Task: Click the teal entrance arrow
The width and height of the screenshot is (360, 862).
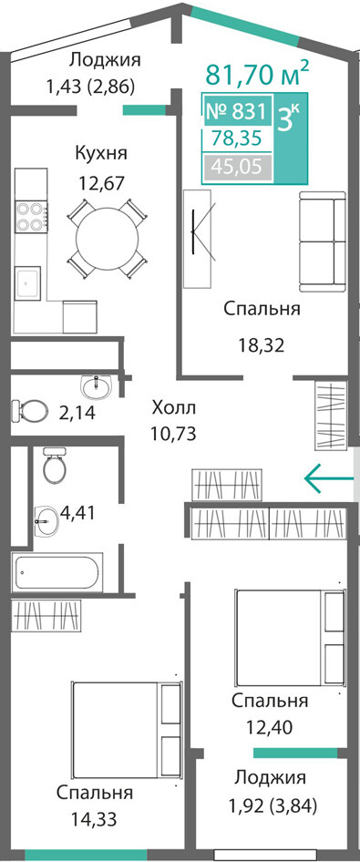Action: click(x=329, y=478)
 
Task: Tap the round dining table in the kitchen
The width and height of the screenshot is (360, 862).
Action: click(x=108, y=238)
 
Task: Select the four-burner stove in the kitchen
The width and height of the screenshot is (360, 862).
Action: click(x=31, y=217)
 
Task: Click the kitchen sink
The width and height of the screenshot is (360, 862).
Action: click(x=27, y=282)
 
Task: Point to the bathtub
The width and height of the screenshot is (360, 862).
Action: click(x=57, y=572)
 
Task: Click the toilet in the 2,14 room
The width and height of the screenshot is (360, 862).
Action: click(x=30, y=409)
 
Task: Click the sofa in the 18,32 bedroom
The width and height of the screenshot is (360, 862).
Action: click(x=322, y=241)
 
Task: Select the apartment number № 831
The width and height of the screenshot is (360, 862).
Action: click(x=236, y=112)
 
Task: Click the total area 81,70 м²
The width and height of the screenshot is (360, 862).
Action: click(x=257, y=73)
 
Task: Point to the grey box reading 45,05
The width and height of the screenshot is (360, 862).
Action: click(x=238, y=165)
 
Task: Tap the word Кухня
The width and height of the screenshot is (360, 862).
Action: click(x=101, y=153)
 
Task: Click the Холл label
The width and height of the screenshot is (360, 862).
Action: click(x=174, y=408)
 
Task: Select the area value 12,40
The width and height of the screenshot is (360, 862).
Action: click(x=261, y=727)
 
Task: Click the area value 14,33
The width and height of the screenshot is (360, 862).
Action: click(x=95, y=819)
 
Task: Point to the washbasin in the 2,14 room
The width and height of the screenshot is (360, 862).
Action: click(x=97, y=386)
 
